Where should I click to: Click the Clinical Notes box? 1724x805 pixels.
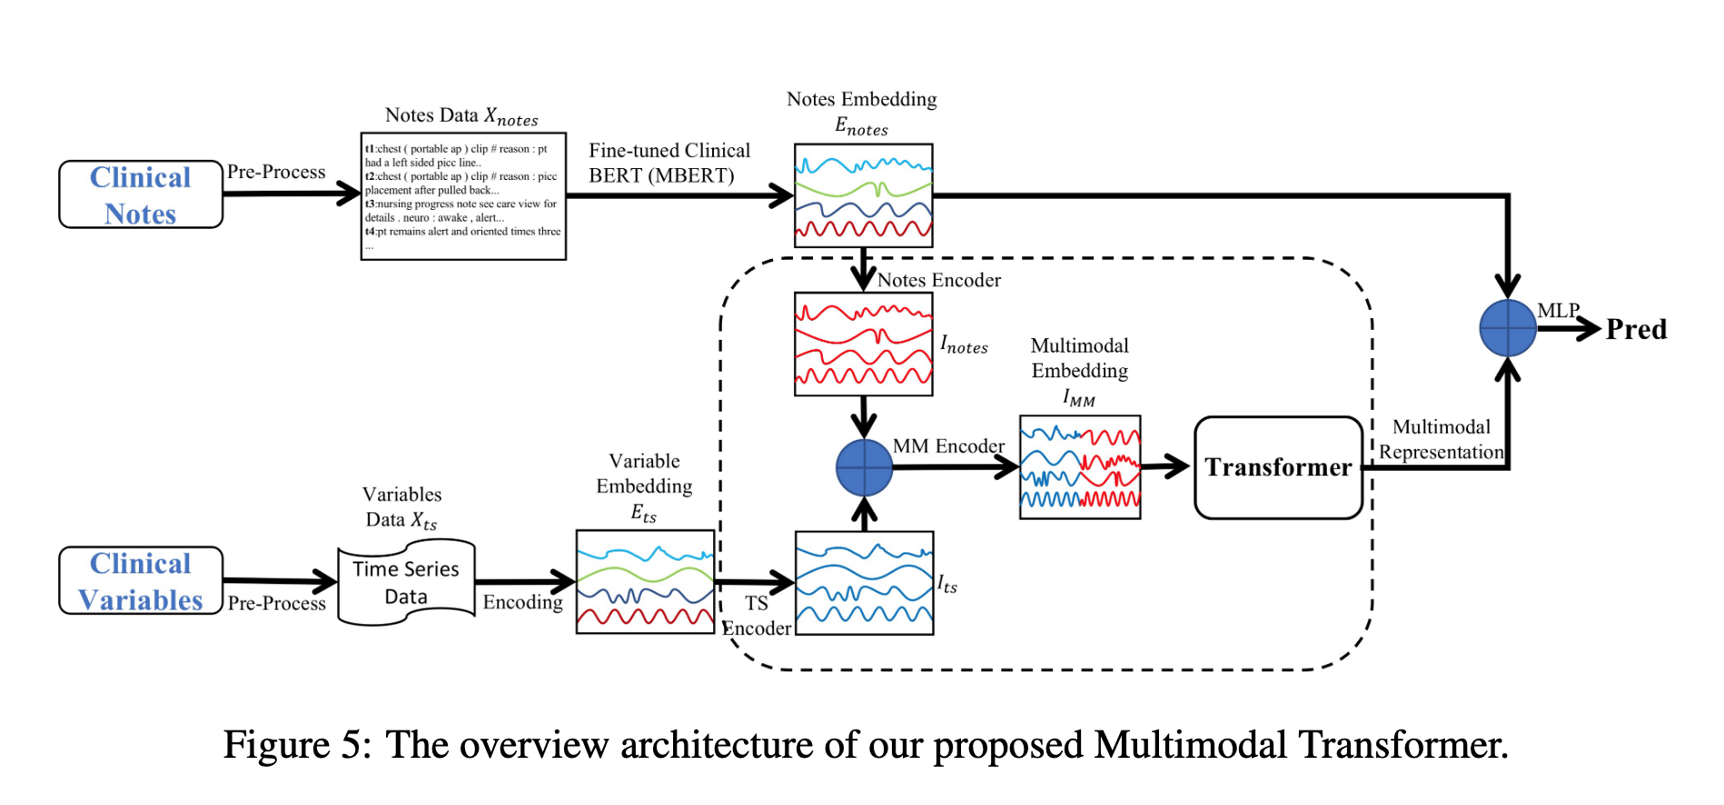click(141, 194)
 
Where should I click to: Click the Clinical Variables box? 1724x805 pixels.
click(141, 581)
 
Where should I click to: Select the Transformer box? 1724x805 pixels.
click(1278, 468)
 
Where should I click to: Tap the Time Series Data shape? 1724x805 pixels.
click(406, 582)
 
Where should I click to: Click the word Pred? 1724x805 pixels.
click(1636, 329)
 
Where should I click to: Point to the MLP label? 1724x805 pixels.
click(1558, 311)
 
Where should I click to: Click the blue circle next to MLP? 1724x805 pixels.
click(1508, 328)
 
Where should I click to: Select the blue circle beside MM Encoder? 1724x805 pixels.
click(864, 468)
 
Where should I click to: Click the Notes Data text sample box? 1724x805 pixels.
click(463, 196)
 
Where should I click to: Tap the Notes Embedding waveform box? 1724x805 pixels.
click(863, 195)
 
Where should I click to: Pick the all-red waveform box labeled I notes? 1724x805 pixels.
click(863, 344)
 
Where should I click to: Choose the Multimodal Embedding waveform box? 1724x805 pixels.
click(1080, 468)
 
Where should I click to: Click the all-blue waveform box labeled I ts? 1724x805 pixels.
click(864, 583)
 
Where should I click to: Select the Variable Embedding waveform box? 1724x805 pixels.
click(645, 582)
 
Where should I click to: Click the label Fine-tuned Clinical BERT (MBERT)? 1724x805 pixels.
click(669, 163)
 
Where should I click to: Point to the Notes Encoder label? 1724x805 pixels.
click(939, 281)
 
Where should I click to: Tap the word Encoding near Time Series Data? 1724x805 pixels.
click(522, 602)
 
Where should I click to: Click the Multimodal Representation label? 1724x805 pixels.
click(1442, 440)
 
